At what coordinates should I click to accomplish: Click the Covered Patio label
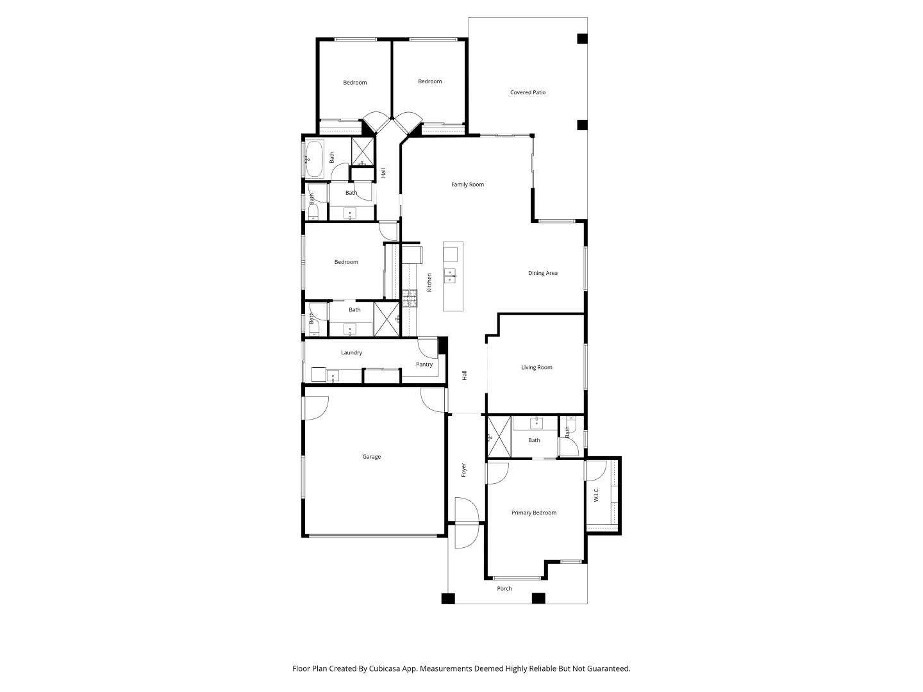[x=528, y=92]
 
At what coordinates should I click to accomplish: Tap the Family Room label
[x=467, y=185]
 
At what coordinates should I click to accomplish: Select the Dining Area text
[x=542, y=273]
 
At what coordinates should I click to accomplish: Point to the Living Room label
[x=536, y=368]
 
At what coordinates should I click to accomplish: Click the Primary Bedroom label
[x=533, y=513]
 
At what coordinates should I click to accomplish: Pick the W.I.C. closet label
[x=596, y=495]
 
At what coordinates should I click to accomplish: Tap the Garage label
[x=371, y=457]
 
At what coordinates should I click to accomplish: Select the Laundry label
[x=351, y=352]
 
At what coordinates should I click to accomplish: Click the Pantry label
[x=424, y=365]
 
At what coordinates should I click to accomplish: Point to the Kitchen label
[x=429, y=282]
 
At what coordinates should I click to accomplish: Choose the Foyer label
[x=463, y=470]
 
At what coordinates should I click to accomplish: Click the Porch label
[x=504, y=588]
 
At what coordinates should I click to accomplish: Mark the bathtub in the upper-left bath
[x=314, y=158]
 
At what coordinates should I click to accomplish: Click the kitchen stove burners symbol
[x=410, y=299]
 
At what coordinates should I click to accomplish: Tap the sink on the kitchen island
[x=451, y=276]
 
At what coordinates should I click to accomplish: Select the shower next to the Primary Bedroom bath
[x=499, y=437]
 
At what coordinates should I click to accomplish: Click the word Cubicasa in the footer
[x=387, y=668]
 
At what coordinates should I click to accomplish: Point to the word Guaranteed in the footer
[x=607, y=668]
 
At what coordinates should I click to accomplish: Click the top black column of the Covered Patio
[x=582, y=38]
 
